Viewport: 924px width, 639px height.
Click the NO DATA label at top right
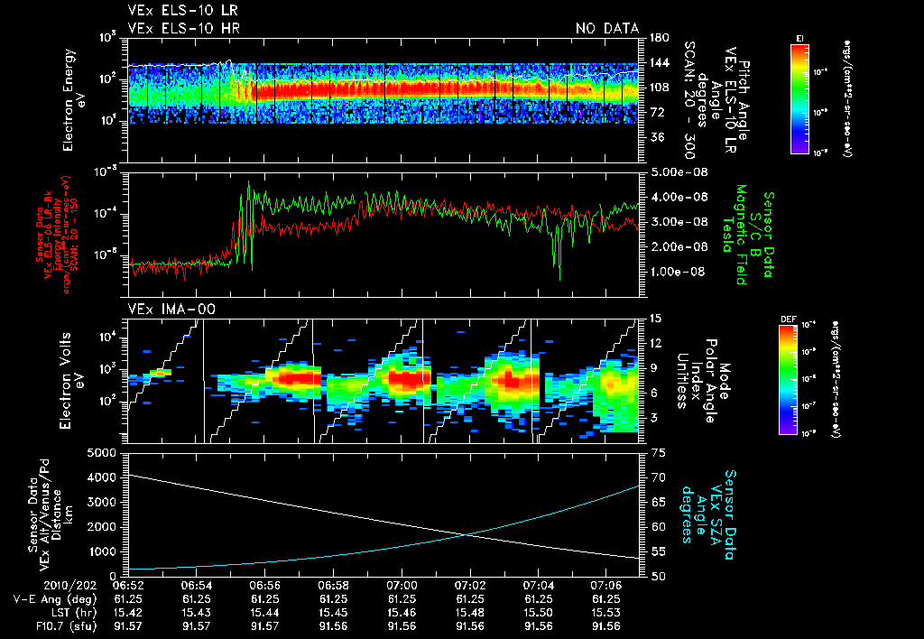click(x=607, y=29)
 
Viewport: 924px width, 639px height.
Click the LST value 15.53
click(x=607, y=610)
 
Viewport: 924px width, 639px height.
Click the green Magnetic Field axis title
click(x=739, y=235)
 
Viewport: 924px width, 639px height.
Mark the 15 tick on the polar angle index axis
click(x=653, y=319)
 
